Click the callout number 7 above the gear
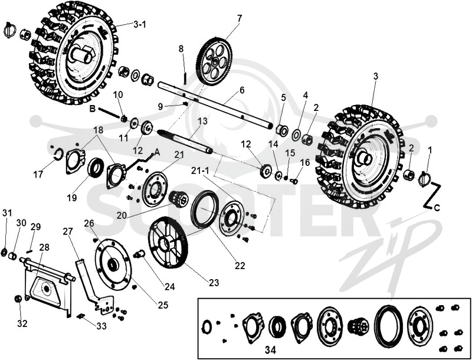tap(240, 19)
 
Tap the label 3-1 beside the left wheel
tap(140, 24)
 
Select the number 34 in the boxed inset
tap(270, 350)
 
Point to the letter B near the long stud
tap(93, 109)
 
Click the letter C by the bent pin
tap(437, 208)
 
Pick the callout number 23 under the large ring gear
tap(214, 283)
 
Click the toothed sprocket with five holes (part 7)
tap(214, 62)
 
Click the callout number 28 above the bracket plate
tap(44, 247)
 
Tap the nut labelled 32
tap(18, 299)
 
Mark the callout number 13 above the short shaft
tap(202, 122)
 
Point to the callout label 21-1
tap(201, 171)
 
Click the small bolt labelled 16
tap(294, 181)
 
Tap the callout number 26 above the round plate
tap(89, 223)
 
